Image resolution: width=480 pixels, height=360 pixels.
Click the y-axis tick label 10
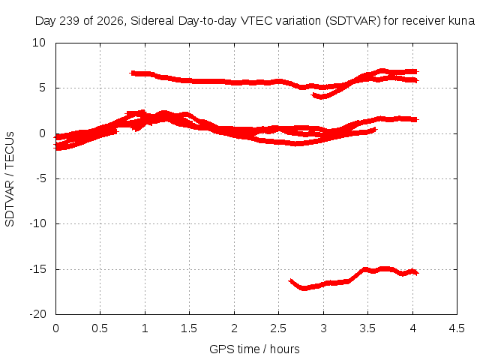[39, 43]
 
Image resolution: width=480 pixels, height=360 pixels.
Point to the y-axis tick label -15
[38, 269]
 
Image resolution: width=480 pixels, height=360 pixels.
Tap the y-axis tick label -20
[38, 314]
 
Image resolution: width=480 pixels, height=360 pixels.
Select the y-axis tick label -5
[41, 178]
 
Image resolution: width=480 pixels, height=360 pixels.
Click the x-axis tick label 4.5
[457, 328]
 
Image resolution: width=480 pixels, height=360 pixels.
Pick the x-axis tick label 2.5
[278, 328]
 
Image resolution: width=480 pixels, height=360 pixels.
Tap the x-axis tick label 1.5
[189, 328]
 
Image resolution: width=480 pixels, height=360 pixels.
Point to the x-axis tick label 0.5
[100, 328]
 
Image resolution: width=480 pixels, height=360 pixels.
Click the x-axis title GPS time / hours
[254, 349]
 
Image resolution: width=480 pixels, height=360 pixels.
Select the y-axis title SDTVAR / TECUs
[10, 179]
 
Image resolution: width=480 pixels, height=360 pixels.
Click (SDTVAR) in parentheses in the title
[353, 21]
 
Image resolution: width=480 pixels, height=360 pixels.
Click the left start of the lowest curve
[290, 280]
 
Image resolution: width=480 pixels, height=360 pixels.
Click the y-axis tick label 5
[42, 88]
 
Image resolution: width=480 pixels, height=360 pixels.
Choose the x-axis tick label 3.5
[367, 328]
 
